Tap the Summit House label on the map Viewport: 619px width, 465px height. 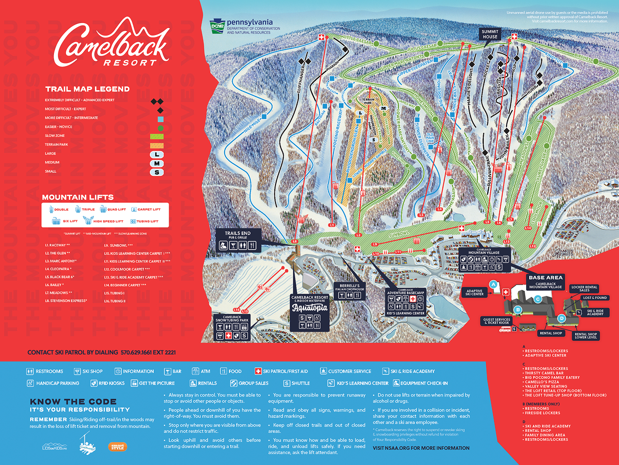tap(490, 34)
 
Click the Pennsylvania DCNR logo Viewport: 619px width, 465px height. tap(241, 25)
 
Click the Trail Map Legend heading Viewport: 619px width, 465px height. tap(87, 89)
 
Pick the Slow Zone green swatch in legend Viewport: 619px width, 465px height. tap(157, 136)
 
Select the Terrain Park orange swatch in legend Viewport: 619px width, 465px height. tap(157, 145)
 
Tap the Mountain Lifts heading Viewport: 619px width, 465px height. tap(78, 197)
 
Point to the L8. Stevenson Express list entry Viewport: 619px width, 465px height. tap(66, 300)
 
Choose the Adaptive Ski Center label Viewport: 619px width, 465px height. tap(474, 291)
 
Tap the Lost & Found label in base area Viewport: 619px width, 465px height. tap(595, 297)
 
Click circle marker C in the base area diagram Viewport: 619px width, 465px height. tap(538, 299)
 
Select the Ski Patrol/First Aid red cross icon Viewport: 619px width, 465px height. tap(258, 371)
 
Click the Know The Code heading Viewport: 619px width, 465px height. tap(73, 401)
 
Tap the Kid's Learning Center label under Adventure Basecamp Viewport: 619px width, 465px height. tap(405, 313)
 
